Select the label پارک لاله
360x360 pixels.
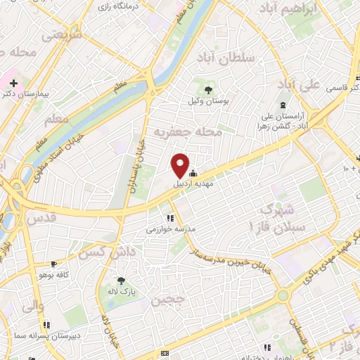[122, 292]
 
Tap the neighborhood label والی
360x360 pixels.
[33, 307]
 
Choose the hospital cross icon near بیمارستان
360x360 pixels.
[13, 83]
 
